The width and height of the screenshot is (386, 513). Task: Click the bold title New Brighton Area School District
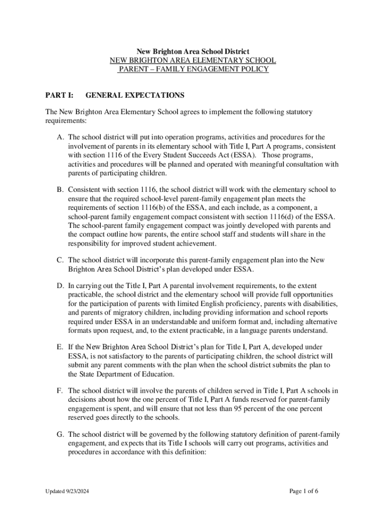tap(193, 52)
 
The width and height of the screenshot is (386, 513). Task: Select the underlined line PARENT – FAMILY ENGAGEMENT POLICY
tap(193, 70)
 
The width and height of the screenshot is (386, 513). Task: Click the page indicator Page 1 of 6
tap(304, 491)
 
